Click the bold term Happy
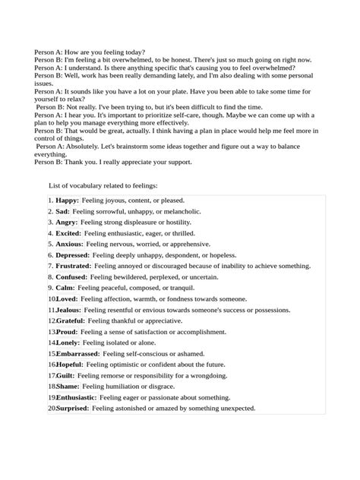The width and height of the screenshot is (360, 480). coord(67,201)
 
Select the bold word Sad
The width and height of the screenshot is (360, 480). coord(62,211)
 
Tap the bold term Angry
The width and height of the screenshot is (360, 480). coord(67,223)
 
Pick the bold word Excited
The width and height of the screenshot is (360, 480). coord(68,233)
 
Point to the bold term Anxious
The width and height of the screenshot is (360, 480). coord(69,245)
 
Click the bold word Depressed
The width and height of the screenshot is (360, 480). coord(73,255)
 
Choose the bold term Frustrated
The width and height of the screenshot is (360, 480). coord(74,267)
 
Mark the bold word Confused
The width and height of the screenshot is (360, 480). coord(71,277)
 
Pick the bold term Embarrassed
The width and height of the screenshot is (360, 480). coord(77,354)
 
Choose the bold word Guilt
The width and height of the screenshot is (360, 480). coord(65,375)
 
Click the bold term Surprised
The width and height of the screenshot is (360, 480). coord(73,408)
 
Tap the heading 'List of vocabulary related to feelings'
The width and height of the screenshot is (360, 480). coord(103,185)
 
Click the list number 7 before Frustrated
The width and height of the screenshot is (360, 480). coord(49,267)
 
